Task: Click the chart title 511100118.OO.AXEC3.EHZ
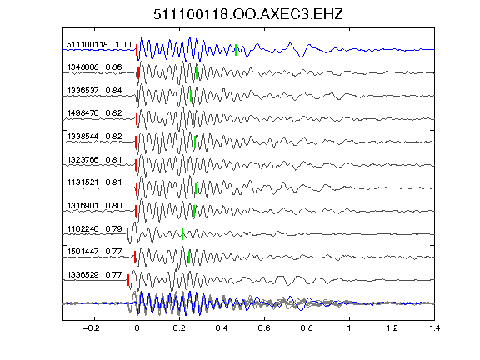pos(248,14)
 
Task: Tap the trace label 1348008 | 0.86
pos(94,67)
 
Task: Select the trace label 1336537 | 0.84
pos(94,91)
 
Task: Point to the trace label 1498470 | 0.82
pos(94,113)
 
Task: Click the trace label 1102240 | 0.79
pos(94,229)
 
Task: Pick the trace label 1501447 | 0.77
pos(94,252)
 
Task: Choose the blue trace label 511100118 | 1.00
pos(99,45)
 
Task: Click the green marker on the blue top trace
pos(236,50)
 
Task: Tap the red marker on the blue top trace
pos(137,50)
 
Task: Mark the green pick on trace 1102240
pos(182,234)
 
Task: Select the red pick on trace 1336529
pos(128,280)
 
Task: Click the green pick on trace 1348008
pos(197,72)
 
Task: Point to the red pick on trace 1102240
pos(127,234)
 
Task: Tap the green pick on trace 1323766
pos(187,165)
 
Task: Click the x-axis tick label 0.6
pos(264,328)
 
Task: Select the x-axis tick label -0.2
pos(91,328)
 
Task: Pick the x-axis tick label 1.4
pos(434,328)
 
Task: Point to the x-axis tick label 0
pos(137,328)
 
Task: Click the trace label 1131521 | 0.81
pos(94,182)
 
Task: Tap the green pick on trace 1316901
pos(194,211)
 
